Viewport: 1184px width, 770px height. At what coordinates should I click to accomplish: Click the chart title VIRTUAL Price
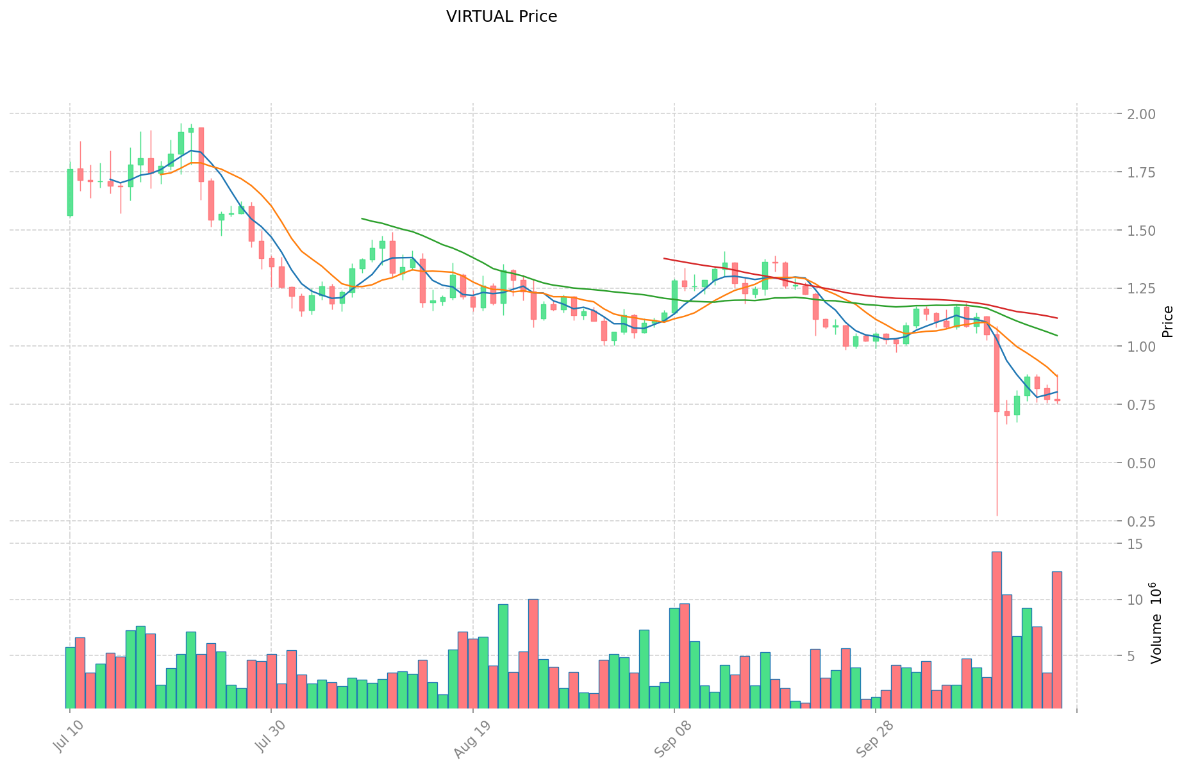click(501, 17)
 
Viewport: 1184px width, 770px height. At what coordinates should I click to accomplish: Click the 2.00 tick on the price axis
click(1137, 115)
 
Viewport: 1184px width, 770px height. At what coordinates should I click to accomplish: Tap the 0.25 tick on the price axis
click(1137, 521)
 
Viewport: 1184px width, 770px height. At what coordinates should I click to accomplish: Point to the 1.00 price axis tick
click(1137, 347)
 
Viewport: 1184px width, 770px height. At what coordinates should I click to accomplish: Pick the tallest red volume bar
click(996, 630)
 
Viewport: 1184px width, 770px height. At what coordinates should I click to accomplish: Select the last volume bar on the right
click(1056, 639)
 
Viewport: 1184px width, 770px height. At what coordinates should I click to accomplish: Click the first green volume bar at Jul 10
click(70, 677)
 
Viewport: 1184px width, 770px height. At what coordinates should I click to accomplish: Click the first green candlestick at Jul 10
click(70, 192)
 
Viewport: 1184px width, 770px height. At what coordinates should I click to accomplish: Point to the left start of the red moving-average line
click(664, 259)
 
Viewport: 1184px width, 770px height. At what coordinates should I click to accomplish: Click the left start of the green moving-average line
click(362, 218)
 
